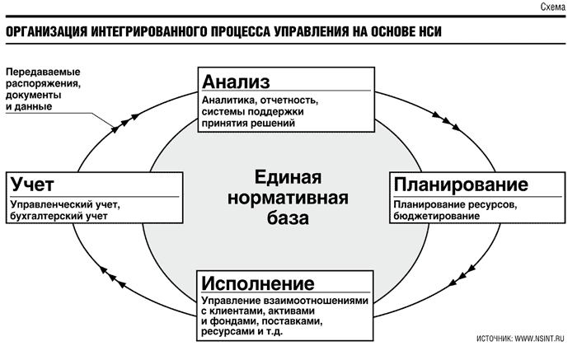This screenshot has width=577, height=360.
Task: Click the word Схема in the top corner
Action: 553,7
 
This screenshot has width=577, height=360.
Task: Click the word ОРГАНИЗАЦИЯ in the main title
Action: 47,32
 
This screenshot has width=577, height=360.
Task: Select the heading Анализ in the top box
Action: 236,82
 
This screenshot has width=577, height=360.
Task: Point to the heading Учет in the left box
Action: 32,184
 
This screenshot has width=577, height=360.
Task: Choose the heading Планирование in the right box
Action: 461,185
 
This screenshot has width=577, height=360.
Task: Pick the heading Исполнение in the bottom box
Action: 257,283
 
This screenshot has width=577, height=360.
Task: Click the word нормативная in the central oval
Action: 288,198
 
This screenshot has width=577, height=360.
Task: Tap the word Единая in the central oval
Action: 288,178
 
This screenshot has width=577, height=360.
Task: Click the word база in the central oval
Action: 288,218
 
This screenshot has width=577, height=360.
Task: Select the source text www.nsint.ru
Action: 539,339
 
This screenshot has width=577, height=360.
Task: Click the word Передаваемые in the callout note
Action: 43,72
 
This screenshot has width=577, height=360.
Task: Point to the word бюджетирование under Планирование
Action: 436,216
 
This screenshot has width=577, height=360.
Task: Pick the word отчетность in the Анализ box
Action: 288,100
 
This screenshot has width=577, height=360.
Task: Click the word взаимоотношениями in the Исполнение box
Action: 316,301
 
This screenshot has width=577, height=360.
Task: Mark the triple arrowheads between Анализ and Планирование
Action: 446,121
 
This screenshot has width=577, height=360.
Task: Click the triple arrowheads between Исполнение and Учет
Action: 113,277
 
